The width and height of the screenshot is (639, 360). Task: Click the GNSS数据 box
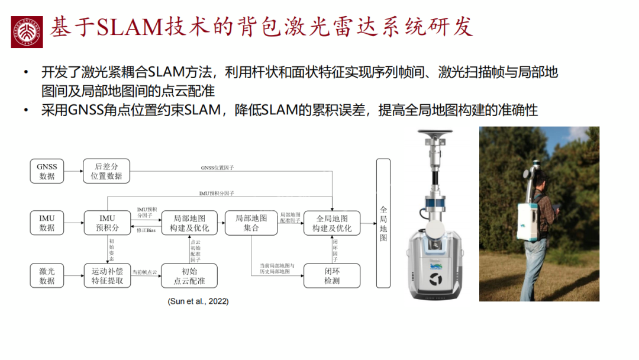(x=47, y=171)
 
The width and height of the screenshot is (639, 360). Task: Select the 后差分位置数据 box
(x=106, y=171)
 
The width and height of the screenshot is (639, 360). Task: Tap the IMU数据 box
(x=47, y=223)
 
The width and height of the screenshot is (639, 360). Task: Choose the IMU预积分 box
(x=106, y=223)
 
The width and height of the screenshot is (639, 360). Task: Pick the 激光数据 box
(x=47, y=275)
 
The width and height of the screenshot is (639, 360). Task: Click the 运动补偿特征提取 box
(x=106, y=275)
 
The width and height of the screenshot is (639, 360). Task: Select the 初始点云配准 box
(x=189, y=276)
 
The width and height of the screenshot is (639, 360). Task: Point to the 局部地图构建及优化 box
(x=189, y=223)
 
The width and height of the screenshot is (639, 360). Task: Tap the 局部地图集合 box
(x=251, y=223)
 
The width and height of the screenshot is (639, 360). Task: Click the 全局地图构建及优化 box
(x=332, y=223)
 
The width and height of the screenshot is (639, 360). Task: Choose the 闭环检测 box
(x=332, y=276)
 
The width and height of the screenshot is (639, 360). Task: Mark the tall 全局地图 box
(x=383, y=223)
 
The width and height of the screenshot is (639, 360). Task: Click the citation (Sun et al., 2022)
(x=198, y=301)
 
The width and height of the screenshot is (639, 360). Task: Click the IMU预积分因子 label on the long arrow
(x=217, y=194)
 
